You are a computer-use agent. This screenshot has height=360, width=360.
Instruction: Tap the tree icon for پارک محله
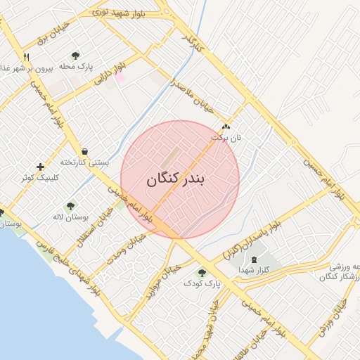point(75,56)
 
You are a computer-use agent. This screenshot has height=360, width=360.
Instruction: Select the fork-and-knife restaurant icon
point(26,57)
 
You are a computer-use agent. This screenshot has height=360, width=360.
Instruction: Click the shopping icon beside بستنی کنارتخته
point(84,151)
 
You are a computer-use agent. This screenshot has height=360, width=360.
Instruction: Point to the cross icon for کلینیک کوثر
point(40,167)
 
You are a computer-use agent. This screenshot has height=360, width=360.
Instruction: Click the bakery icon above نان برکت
point(226,127)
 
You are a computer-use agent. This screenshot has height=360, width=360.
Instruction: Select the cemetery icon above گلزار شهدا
point(254,260)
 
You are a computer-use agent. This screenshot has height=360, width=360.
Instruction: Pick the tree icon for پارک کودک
point(202,273)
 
